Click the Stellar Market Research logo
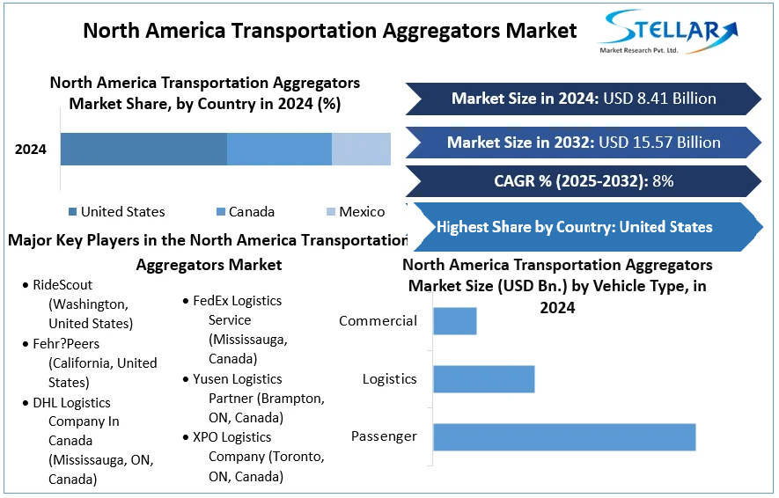coord(667,33)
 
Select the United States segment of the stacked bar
coord(143,150)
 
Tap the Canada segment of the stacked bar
coord(279,150)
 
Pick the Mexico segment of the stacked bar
coord(361,150)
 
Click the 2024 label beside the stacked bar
coord(31,150)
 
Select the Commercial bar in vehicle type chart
coord(454,321)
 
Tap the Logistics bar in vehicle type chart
coord(483,379)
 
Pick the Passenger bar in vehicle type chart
coord(563,437)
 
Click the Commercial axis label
coord(378,321)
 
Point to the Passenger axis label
coord(384,436)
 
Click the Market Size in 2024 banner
coord(583,99)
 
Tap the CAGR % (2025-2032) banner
coord(583,182)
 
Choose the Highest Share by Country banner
coord(574,227)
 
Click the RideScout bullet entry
coord(62,285)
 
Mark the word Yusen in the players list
coord(212,379)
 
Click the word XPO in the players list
coord(208,437)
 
